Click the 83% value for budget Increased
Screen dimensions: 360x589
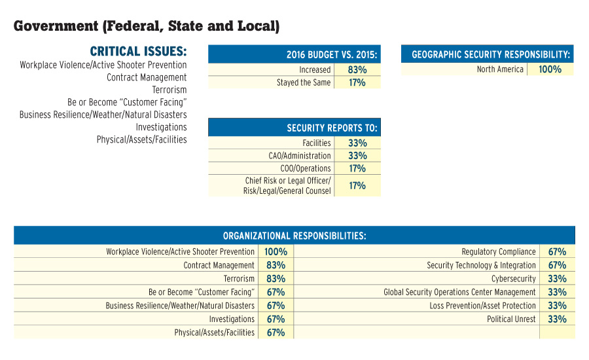click(x=357, y=69)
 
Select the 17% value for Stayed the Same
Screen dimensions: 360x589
click(x=357, y=82)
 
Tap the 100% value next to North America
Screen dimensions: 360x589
click(x=550, y=69)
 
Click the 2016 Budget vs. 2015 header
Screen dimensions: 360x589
click(x=294, y=54)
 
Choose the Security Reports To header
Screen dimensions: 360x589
click(x=294, y=128)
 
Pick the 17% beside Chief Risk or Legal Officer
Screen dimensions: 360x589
click(x=357, y=186)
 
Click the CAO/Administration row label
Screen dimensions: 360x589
click(x=300, y=156)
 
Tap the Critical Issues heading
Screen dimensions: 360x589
click(x=138, y=51)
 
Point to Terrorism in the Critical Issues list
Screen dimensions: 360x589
click(x=169, y=90)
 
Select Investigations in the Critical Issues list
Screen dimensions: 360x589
click(x=161, y=127)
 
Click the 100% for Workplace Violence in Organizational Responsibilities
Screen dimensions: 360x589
click(x=276, y=251)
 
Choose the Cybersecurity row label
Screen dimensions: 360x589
click(x=513, y=279)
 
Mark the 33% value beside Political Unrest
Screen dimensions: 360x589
click(x=557, y=319)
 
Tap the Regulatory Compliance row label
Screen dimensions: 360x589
click(x=498, y=251)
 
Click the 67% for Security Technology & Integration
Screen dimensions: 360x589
click(x=557, y=265)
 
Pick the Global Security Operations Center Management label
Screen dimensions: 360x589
click(x=459, y=293)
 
